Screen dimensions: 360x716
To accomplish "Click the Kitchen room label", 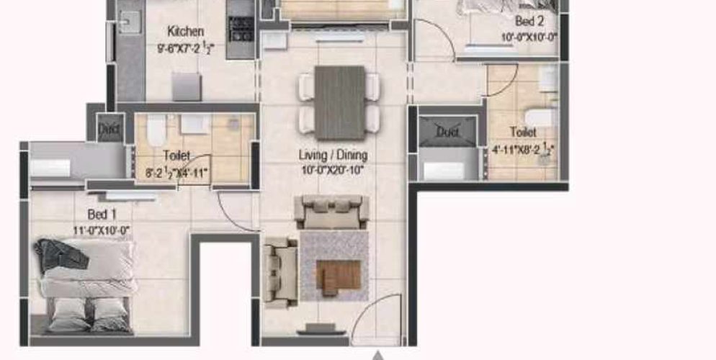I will (186, 32).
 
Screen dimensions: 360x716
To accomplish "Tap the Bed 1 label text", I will (102, 215).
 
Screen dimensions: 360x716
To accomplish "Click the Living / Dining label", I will (333, 155).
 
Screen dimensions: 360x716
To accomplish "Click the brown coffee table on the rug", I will (339, 275).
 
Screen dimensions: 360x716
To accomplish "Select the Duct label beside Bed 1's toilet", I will (109, 130).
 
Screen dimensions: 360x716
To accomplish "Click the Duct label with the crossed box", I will (447, 132).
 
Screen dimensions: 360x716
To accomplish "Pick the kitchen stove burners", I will (239, 29).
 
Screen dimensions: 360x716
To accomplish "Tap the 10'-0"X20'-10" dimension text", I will (333, 170).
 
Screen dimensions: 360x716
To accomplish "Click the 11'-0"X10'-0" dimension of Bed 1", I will (102, 230).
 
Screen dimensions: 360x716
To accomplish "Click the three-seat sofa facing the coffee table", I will (331, 212).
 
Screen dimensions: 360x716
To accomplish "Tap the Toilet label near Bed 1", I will (176, 155).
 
